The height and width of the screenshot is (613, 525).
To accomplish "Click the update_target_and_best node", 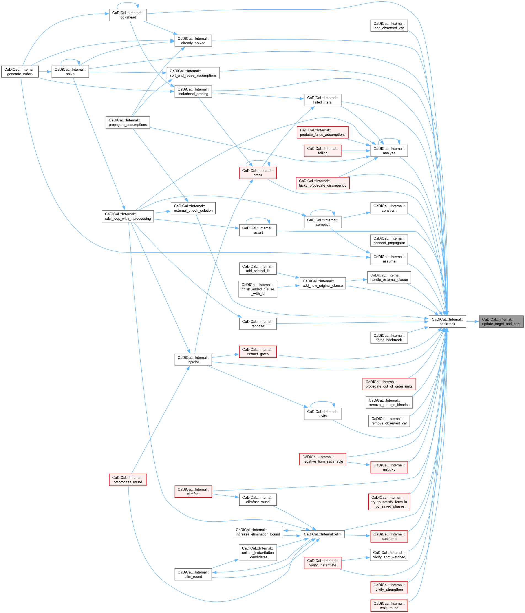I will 501,322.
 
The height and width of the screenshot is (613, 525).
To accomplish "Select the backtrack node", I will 447,322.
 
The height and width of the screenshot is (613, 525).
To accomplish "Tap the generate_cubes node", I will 20,71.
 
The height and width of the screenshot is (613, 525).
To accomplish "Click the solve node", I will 70,71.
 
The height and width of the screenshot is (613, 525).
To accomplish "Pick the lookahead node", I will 128,15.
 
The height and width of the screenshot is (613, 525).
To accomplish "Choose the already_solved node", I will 193,41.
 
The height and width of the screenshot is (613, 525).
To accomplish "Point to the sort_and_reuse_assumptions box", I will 193,73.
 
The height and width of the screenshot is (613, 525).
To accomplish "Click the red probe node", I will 258,173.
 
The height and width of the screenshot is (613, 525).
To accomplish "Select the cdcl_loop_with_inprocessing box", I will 128,216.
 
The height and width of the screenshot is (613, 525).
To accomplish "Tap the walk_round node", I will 389,606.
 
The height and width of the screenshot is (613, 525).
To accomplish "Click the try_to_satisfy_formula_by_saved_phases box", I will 389,502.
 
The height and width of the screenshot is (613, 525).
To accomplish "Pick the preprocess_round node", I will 128,480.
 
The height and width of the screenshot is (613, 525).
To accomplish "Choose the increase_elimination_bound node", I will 258,532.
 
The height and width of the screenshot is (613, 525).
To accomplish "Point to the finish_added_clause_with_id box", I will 258,289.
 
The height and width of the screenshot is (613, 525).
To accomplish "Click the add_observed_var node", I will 389,26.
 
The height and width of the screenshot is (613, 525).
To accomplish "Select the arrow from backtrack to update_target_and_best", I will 472,322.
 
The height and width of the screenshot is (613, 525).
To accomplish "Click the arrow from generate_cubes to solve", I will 45,71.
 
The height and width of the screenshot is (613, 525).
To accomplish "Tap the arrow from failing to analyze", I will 356,151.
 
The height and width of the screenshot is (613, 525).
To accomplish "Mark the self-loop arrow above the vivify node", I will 323,402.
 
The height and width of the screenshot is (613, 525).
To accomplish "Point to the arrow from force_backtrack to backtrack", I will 418,330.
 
